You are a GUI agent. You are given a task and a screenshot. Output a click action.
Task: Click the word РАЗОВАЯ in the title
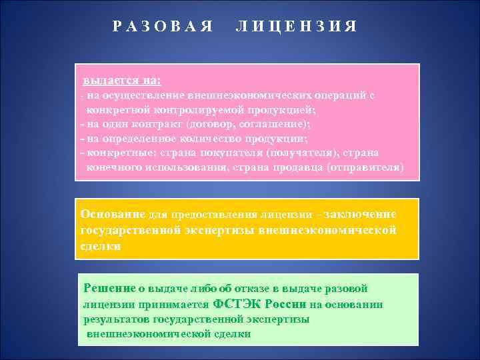[163, 27]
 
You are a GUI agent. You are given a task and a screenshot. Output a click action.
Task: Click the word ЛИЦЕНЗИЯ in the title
[297, 27]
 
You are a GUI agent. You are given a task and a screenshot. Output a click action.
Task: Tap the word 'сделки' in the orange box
[101, 246]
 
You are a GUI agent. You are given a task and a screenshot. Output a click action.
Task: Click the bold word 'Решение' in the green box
[109, 288]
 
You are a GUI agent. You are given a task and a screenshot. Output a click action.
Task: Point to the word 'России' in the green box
[285, 304]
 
